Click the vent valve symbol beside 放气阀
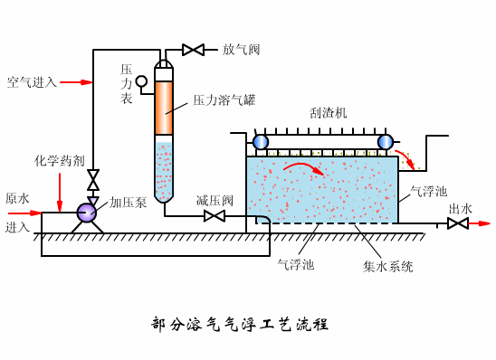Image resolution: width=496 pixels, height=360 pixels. coord(193,50)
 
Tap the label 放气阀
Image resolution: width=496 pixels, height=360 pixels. coord(241,50)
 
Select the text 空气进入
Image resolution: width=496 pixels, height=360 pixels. coord(32,82)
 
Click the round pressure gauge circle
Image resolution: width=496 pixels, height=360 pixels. coord(141,81)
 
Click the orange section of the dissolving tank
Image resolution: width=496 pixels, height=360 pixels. coord(164,109)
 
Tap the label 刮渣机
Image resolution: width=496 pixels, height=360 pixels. coord(328,113)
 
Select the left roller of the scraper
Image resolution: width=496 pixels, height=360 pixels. coord(261,141)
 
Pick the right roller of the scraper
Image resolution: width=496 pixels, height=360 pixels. coord(385,141)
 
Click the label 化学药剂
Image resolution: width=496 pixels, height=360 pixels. coord(60,161)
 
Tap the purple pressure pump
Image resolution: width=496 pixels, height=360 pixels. coord(87,213)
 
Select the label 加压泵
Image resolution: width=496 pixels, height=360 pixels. coord(128,203)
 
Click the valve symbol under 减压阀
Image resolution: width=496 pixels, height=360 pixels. coord(215,216)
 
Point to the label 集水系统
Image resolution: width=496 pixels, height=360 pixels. coord(388,267)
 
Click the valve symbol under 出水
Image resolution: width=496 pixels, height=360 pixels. coord(458,223)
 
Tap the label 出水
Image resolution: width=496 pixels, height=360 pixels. coord(461,209)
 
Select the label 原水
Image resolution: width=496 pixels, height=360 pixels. coord(17,198)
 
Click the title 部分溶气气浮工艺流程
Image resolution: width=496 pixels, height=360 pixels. coord(239,324)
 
